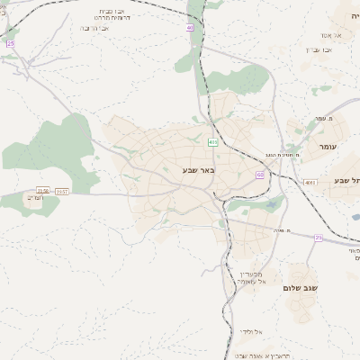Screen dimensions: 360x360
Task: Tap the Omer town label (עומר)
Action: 326,146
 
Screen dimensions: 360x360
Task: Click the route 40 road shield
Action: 190,28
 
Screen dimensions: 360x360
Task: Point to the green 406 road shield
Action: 212,142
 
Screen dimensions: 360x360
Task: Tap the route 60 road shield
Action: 259,175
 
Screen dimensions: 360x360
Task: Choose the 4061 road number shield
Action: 310,182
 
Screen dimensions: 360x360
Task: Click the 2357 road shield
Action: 62,191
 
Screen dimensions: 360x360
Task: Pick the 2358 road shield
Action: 42,191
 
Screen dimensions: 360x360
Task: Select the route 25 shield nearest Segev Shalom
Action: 319,238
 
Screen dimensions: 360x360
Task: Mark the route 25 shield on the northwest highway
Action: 11,42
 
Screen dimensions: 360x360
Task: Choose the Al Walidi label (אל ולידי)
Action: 251,331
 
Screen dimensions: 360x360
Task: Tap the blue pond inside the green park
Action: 272,205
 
